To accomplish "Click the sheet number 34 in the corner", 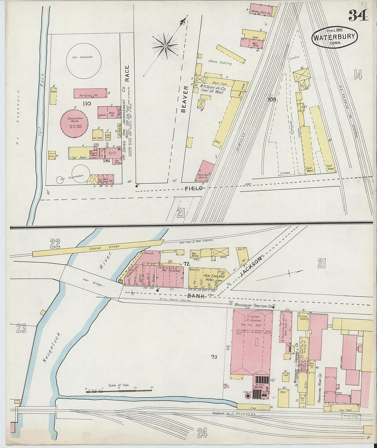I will coord(358,15).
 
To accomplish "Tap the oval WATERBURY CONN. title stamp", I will coord(335,37).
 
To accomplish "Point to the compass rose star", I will coord(165,46).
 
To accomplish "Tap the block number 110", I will coord(86,103).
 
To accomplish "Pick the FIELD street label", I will coord(194,188).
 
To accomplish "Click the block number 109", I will coord(272,100).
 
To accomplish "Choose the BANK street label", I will coord(196,296).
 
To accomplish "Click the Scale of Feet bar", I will coord(119,391).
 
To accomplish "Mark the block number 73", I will coord(214,357).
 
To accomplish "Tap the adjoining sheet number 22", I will coord(55,244).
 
